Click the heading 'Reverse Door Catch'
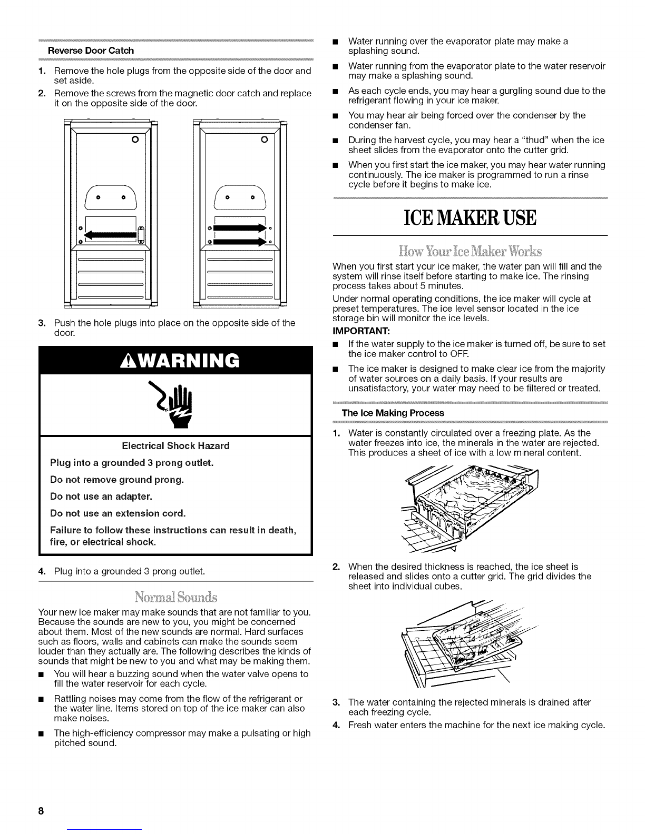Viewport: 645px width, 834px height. [x=91, y=51]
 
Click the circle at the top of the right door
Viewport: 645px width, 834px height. [x=265, y=140]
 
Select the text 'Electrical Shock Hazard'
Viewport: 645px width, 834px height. [x=175, y=446]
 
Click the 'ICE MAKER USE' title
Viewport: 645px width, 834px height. [x=470, y=217]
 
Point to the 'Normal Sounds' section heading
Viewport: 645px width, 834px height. [x=176, y=598]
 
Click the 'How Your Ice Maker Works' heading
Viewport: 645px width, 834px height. [x=470, y=249]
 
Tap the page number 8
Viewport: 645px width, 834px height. [x=40, y=811]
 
